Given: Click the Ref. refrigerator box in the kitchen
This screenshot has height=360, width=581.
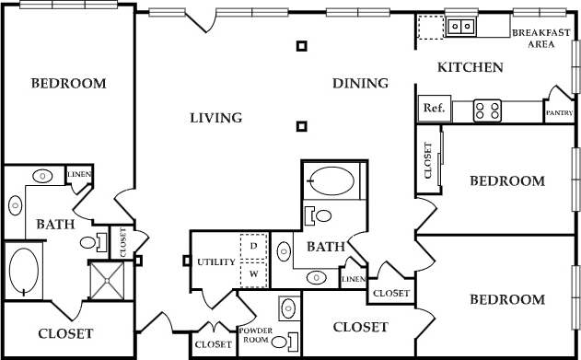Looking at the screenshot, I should click(x=434, y=109).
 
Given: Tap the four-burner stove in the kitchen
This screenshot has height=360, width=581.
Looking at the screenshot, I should click(x=488, y=110).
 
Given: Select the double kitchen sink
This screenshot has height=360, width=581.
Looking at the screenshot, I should click(x=460, y=26).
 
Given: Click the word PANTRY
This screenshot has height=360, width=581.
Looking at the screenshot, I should click(x=560, y=113).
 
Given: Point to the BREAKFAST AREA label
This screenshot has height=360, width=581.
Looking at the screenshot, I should click(x=541, y=38).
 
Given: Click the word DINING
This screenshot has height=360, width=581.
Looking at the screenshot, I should click(x=360, y=84).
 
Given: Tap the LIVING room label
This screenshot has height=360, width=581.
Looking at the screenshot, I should click(x=215, y=118).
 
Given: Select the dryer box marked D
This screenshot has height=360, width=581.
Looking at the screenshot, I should click(x=253, y=248).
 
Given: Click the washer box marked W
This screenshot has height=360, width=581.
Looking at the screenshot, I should click(x=253, y=273).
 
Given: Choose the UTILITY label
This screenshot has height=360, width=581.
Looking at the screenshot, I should click(x=216, y=262).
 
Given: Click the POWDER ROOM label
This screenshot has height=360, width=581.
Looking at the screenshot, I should click(x=253, y=334).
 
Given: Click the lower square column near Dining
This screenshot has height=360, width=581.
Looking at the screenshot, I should click(x=301, y=126).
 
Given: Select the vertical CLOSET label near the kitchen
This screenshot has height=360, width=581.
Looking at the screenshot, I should click(x=427, y=160).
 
